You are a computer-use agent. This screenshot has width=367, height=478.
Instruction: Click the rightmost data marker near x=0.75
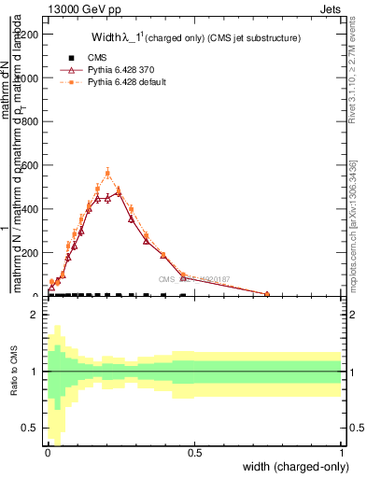point(267,294)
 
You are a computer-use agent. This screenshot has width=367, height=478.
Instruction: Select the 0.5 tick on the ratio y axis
point(32,429)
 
